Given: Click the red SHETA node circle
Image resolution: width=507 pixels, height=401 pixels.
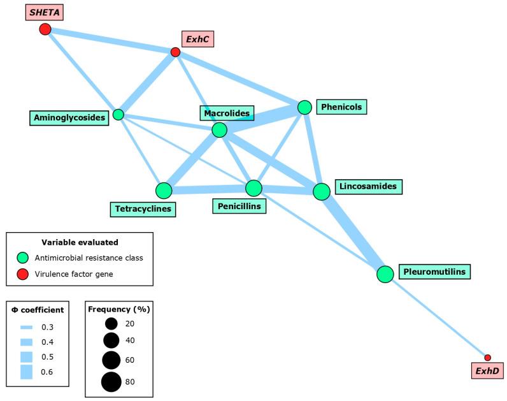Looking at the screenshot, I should pos(45,29).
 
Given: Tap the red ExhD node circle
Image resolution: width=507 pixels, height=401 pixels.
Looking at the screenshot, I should pos(487,358).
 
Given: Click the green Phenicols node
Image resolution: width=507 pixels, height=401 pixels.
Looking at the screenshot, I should pos(304,107).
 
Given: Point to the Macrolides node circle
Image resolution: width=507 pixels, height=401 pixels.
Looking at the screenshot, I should pos(219,130).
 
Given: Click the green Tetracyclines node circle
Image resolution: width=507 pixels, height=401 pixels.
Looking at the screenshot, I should pos(164,191).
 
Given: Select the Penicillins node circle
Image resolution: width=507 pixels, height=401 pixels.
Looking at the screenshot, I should pos(253,188).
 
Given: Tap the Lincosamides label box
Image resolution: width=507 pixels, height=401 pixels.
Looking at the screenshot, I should pos(368,187).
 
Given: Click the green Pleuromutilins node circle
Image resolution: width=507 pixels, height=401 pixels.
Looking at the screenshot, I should pos(385,274).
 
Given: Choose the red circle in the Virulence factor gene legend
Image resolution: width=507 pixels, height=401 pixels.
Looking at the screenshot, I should pos(24,274).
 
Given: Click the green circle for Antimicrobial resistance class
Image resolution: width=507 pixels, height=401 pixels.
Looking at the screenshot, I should pos(24,258).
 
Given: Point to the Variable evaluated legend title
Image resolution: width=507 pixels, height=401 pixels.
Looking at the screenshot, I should pos(80,242).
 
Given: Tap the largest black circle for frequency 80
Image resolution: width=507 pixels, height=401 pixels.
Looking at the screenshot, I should pos(111,382).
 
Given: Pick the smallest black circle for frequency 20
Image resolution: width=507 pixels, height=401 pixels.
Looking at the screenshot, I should pos(111,323).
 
